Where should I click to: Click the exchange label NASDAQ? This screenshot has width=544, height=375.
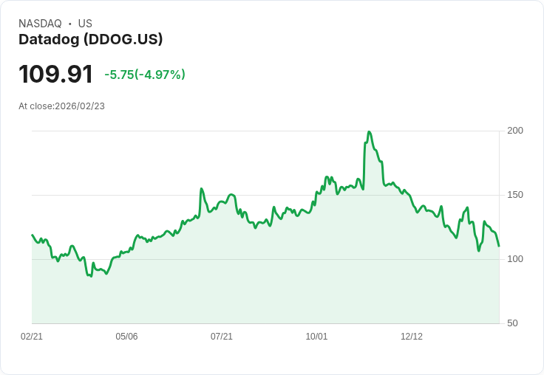(x=40, y=24)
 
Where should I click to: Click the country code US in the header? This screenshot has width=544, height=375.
(x=85, y=24)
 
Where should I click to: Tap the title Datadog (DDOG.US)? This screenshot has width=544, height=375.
(x=90, y=40)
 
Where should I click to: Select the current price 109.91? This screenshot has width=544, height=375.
(x=55, y=74)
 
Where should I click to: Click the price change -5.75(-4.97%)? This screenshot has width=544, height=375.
(x=145, y=75)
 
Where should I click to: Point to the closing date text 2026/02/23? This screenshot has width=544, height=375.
(x=80, y=106)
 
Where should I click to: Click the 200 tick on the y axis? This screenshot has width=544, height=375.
(x=515, y=131)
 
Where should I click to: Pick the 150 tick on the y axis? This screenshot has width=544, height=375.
(x=515, y=195)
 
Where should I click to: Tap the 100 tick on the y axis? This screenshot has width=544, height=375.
(x=515, y=259)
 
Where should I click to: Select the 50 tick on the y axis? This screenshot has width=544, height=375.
(x=512, y=323)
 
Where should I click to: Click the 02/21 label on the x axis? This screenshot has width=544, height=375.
(x=32, y=337)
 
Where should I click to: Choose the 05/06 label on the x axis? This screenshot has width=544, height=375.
(x=126, y=337)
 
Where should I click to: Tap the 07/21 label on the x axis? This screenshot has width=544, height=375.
(x=222, y=337)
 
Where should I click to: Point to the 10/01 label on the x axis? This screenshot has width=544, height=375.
(x=316, y=337)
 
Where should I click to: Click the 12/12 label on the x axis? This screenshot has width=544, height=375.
(x=412, y=337)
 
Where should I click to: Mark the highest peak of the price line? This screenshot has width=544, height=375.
(x=369, y=131)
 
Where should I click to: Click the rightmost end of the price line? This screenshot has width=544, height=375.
(x=499, y=246)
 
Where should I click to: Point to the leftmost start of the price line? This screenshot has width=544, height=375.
(x=32, y=235)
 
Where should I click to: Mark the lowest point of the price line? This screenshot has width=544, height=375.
(x=91, y=276)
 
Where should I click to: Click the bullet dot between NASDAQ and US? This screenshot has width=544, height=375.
(x=69, y=24)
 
